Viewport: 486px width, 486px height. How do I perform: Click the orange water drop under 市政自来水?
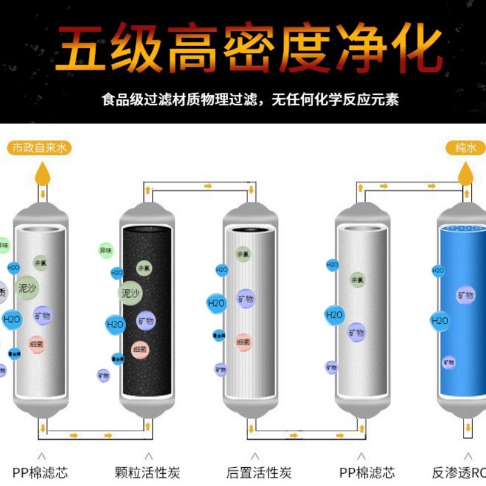click(42, 173)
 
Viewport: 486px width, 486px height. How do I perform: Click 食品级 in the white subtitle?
click(120, 100)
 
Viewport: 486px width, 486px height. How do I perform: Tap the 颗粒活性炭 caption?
click(147, 472)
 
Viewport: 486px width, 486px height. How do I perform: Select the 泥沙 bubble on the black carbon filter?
click(129, 293)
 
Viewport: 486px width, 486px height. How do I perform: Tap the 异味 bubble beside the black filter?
click(106, 250)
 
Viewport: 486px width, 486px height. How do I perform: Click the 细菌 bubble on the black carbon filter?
click(140, 349)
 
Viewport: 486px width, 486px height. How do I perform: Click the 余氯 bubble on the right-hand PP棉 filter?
click(357, 280)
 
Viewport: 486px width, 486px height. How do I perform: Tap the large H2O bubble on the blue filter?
click(440, 320)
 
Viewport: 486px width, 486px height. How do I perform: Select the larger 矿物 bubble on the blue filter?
click(465, 295)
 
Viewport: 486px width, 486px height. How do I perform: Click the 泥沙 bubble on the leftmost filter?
click(27, 287)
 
